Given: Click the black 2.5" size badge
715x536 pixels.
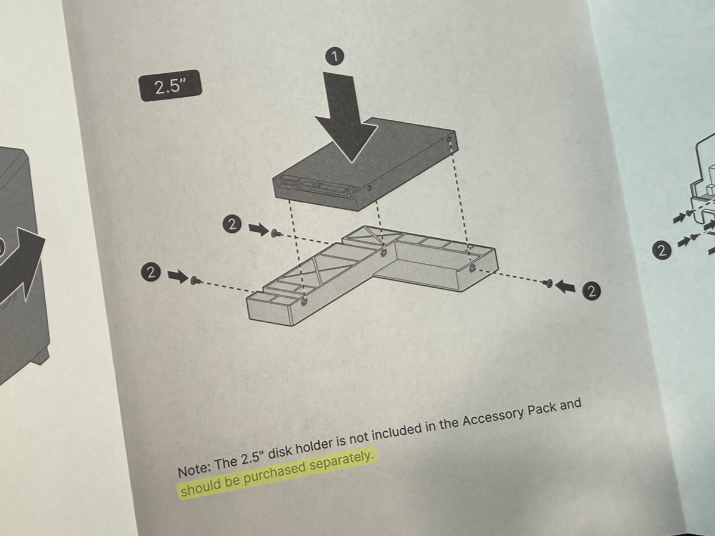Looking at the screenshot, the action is click(170, 86).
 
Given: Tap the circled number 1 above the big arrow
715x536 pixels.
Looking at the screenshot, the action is click(335, 57).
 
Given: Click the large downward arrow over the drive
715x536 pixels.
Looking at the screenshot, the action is click(345, 117).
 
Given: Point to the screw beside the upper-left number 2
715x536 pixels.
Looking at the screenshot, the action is click(275, 232).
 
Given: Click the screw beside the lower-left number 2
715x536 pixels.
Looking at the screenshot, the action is click(195, 280).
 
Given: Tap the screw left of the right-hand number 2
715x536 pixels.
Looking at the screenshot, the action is click(549, 283).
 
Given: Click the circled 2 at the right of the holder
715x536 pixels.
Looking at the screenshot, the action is click(592, 291).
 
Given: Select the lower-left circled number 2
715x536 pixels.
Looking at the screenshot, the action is click(151, 272).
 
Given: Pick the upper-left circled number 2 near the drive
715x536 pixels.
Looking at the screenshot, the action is click(232, 225).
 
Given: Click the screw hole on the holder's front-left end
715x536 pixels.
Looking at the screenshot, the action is click(304, 303).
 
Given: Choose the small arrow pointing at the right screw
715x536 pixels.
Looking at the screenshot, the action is click(565, 286).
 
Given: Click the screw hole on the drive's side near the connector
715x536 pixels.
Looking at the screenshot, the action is click(369, 188).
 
